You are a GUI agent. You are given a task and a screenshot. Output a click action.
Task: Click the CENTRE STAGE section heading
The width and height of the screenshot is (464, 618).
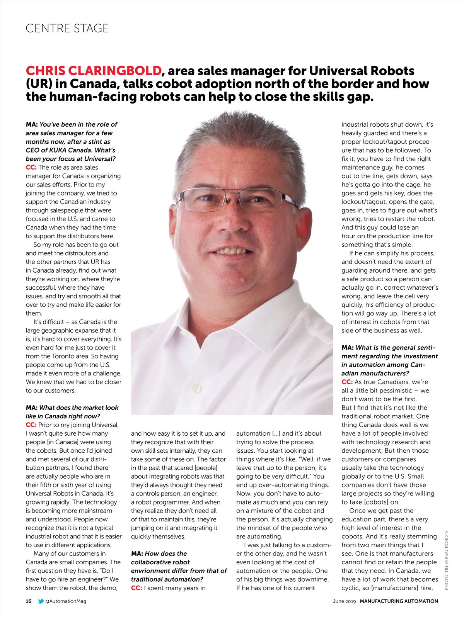[x=67, y=28]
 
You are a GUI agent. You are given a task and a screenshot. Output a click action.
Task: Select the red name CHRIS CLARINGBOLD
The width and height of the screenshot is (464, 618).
[x=94, y=71]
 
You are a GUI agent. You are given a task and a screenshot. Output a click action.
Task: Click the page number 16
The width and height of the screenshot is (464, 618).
[x=29, y=601]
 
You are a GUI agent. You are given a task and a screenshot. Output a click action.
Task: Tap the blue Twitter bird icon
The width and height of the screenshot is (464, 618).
[x=41, y=601]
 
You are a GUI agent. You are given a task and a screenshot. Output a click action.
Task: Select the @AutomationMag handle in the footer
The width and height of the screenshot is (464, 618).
[x=66, y=601]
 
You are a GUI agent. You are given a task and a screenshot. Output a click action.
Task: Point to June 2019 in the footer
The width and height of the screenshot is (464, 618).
[x=344, y=601]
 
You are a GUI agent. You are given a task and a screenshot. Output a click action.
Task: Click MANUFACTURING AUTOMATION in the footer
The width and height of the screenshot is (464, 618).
[x=399, y=601]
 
